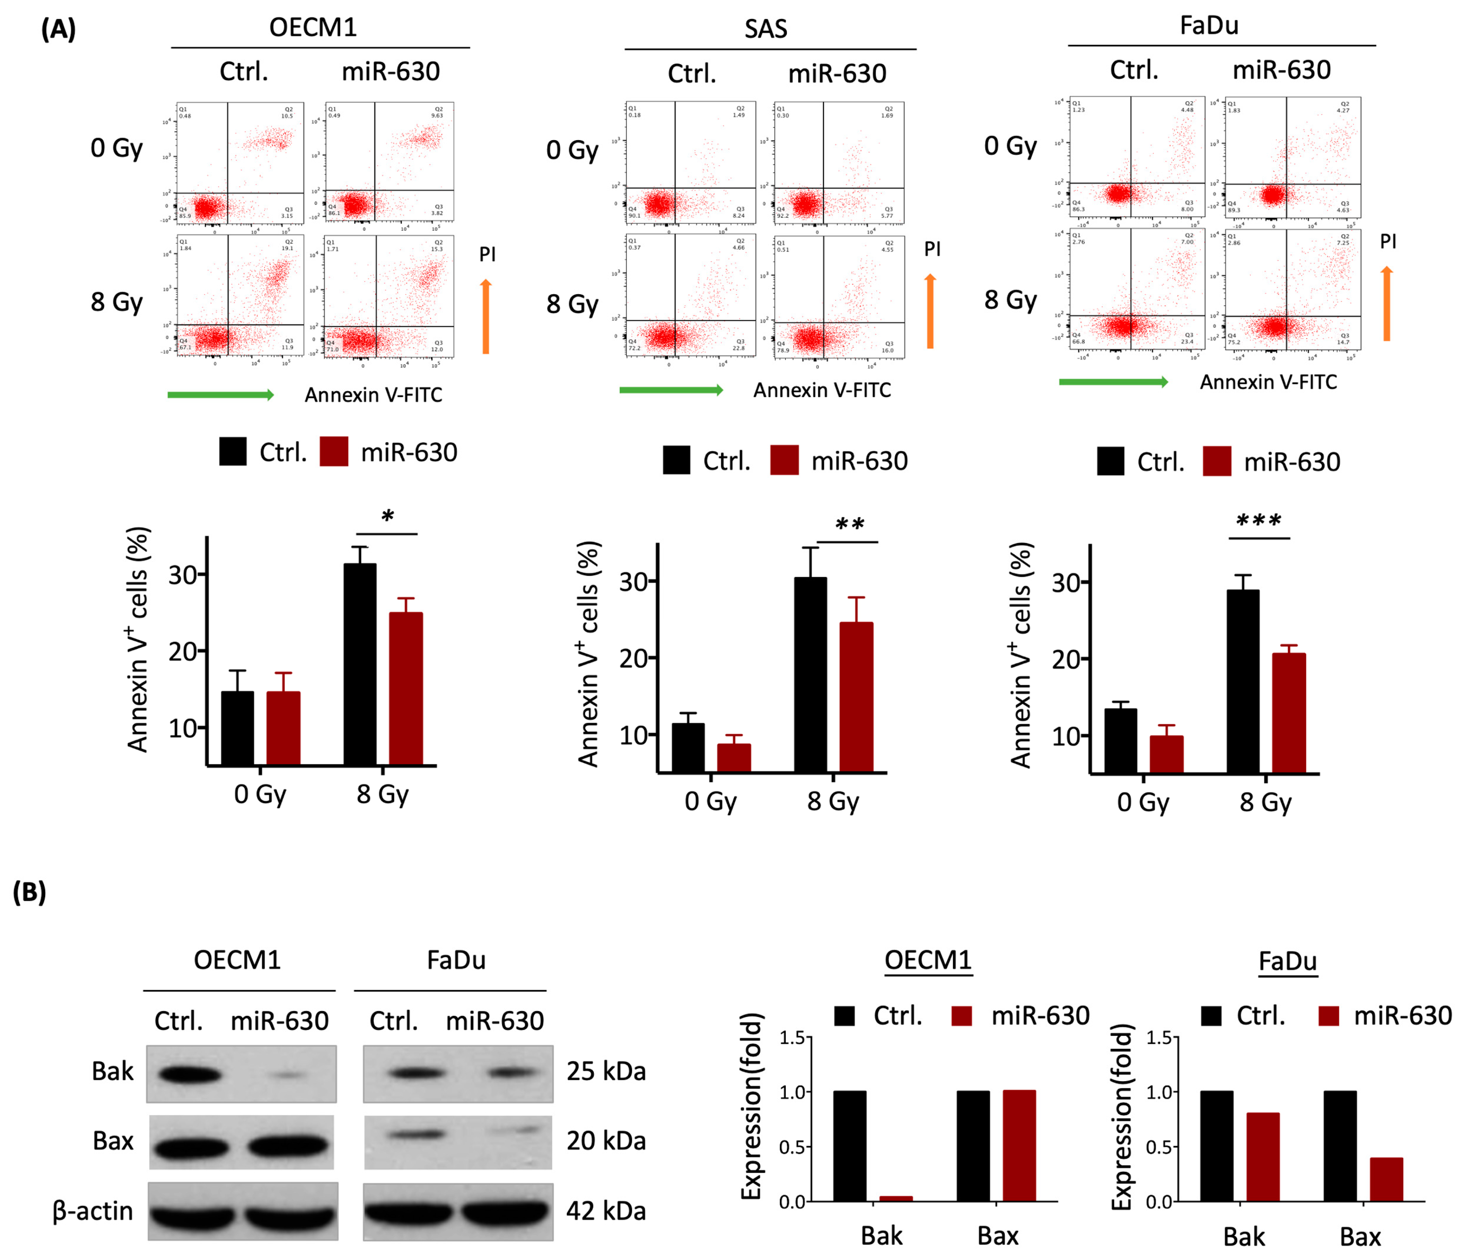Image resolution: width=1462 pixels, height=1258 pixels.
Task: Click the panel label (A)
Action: [x=58, y=30]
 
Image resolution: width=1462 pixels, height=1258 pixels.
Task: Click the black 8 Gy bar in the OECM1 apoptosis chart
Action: [x=360, y=663]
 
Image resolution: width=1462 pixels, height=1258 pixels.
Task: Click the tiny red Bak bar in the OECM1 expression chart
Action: [x=895, y=1198]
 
